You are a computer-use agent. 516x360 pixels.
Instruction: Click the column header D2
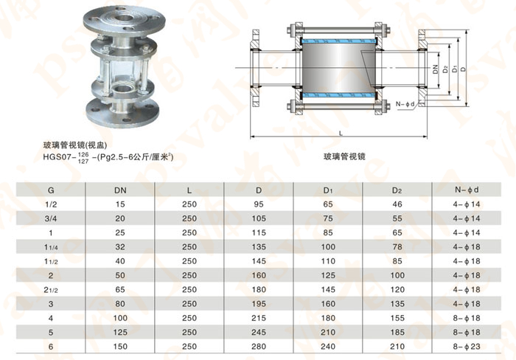397,190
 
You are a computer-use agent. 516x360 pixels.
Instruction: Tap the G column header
51,190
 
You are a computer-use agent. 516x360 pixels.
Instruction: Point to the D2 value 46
397,204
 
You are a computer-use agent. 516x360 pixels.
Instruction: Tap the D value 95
258,204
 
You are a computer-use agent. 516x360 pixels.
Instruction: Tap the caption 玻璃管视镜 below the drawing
345,157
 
